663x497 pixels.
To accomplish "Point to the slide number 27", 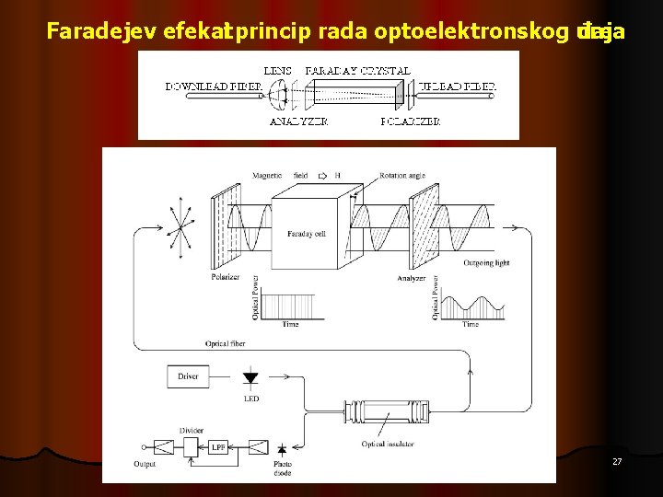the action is point(617,461).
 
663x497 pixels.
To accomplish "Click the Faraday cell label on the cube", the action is point(306,235).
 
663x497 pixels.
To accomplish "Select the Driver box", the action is point(188,376).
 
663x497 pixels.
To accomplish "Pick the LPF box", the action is point(218,447).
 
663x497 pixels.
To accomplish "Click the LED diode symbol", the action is point(250,377).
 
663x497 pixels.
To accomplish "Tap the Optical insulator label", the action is point(388,445).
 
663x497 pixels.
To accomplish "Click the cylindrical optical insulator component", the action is point(386,410).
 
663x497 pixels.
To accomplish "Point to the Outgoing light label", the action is point(487,263).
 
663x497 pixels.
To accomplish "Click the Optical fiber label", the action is point(224,343).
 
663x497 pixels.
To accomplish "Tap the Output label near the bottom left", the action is point(145,465).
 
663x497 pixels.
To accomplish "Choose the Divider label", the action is point(192,429).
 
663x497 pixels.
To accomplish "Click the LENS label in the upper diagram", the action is point(277,70).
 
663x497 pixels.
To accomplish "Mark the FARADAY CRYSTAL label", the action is point(358,70).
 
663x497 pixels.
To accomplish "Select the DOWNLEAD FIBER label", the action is point(214,87).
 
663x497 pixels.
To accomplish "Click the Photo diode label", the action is point(283,468).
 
